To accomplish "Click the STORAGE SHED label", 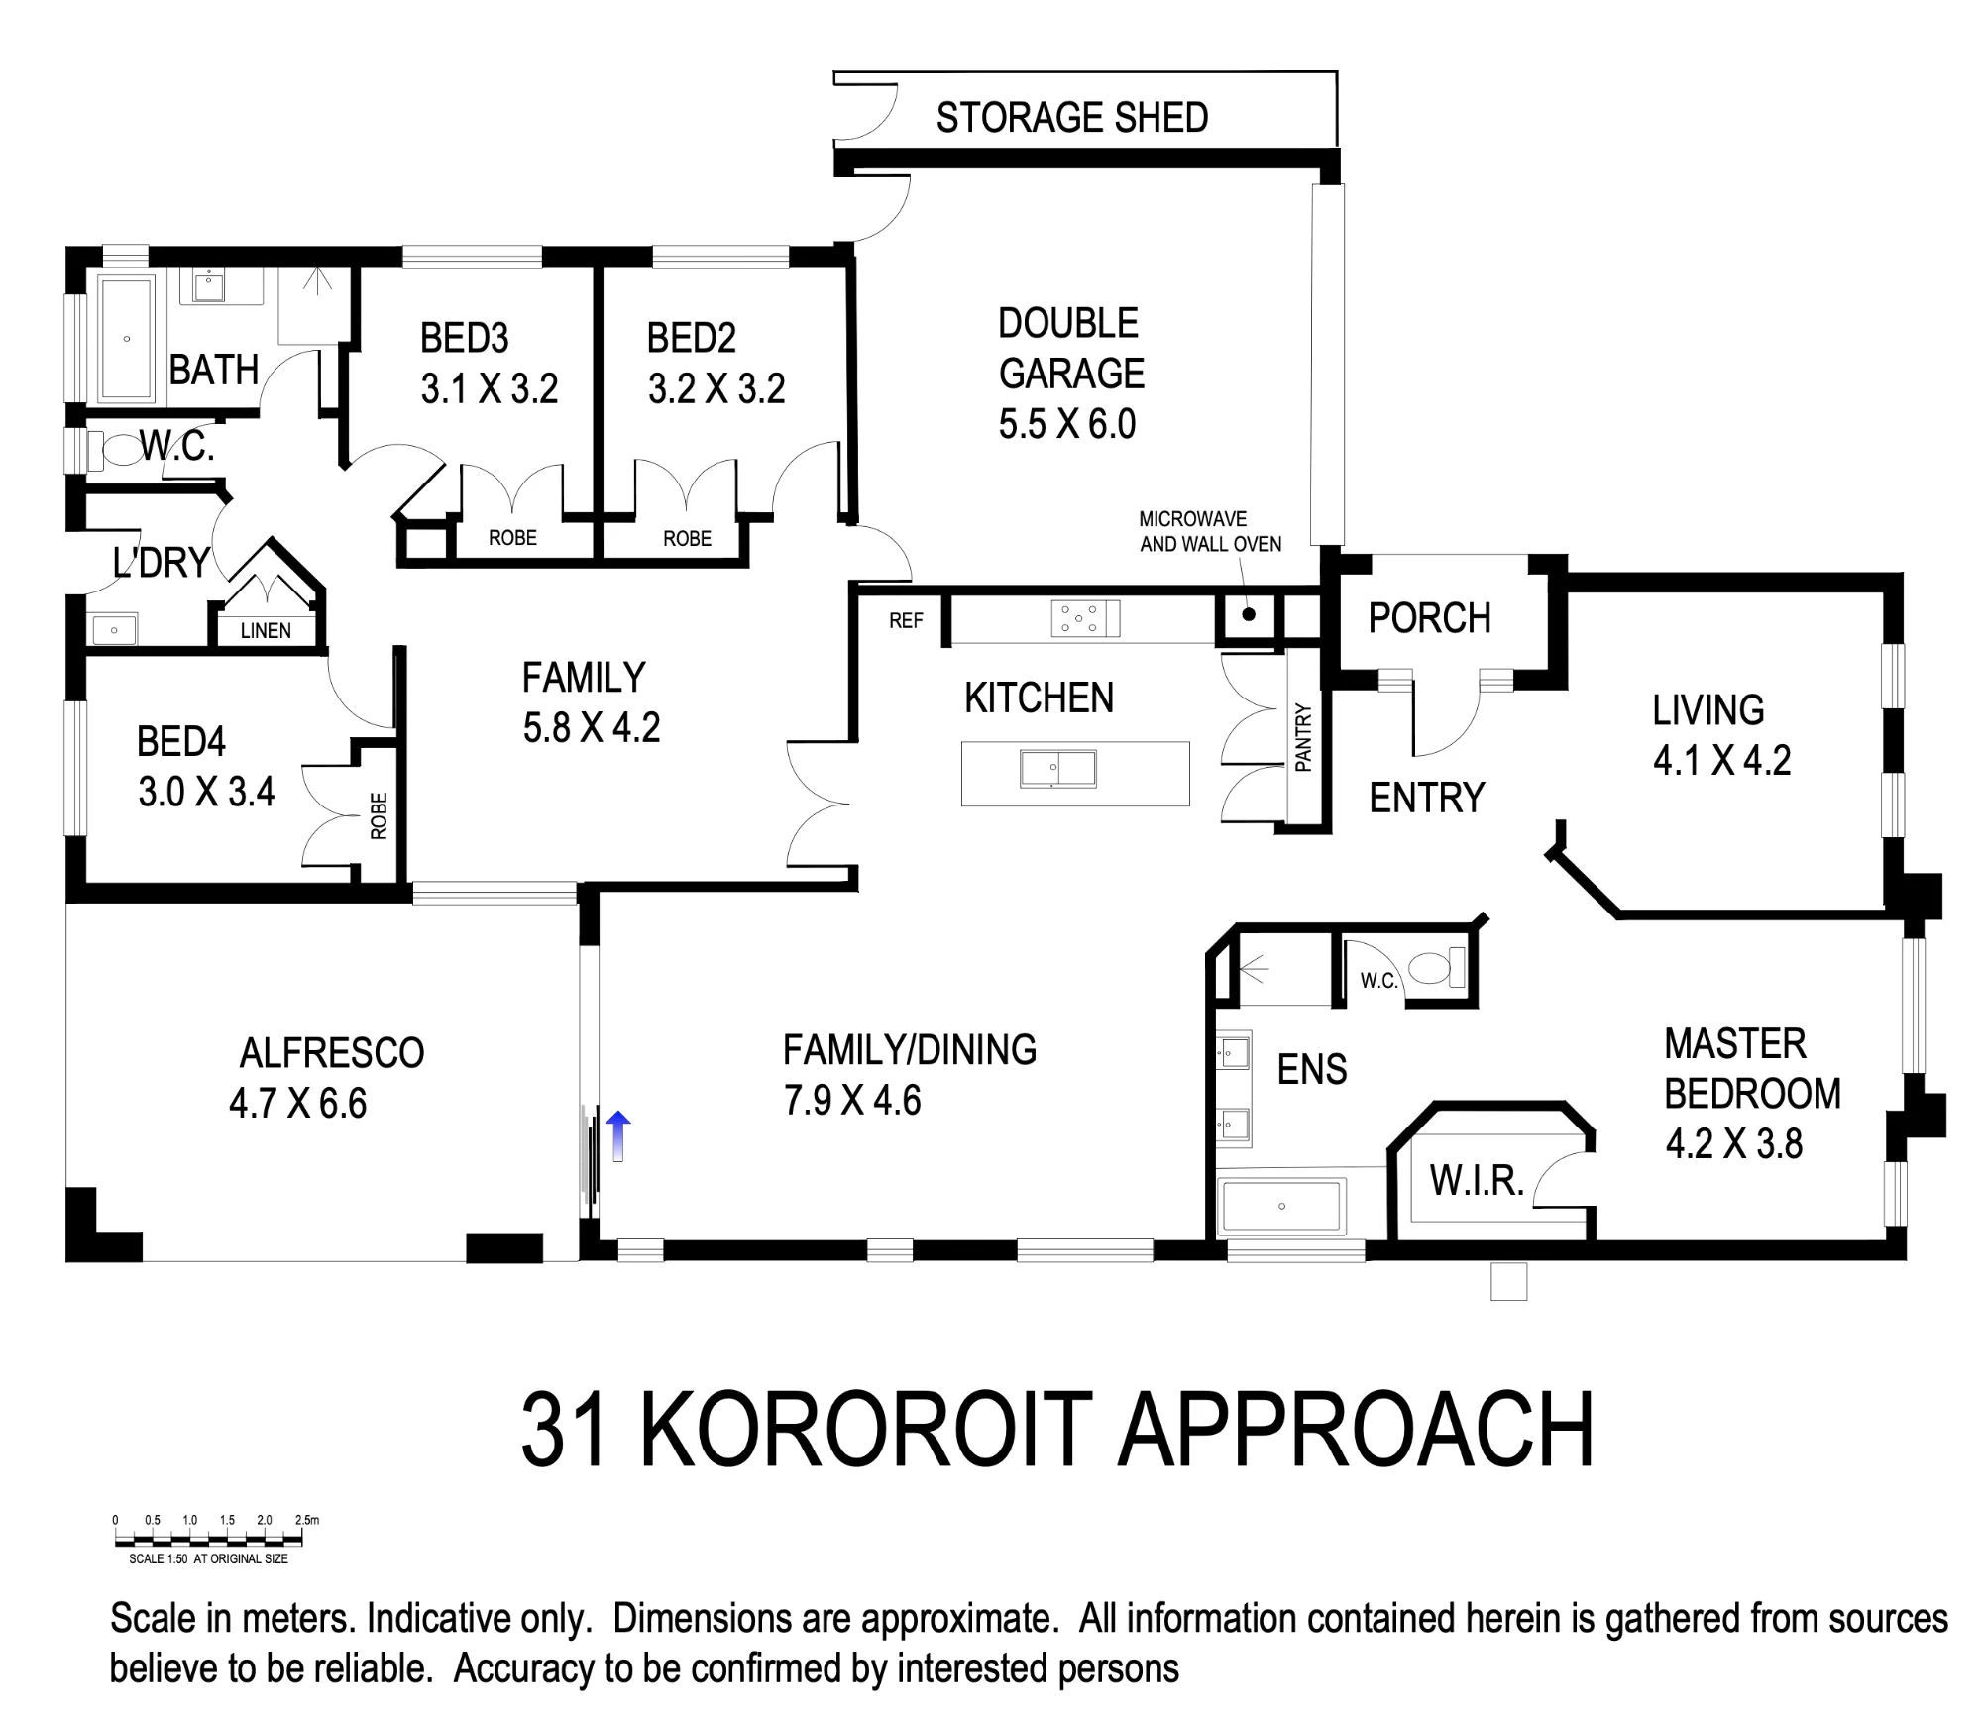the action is (1072, 118).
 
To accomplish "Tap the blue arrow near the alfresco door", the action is (617, 1135).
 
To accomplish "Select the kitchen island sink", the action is (1058, 769).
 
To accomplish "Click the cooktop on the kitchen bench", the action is (1085, 618).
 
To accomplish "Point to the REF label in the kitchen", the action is (906, 621).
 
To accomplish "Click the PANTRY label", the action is (1303, 737).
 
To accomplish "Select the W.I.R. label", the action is (1477, 1180).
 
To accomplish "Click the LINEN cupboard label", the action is (266, 631).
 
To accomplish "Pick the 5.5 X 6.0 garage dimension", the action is (1067, 424).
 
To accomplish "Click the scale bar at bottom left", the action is (208, 1539).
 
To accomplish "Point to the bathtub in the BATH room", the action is (127, 340).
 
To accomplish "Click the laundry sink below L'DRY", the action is (113, 630).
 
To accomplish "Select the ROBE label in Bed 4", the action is (379, 816).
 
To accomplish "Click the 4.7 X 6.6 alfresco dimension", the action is (298, 1104).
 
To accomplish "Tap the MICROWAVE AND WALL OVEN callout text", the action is (1210, 532).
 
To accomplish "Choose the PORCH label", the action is (1430, 618).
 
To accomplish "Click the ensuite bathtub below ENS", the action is (1281, 1207).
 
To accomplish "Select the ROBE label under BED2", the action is (688, 538).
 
